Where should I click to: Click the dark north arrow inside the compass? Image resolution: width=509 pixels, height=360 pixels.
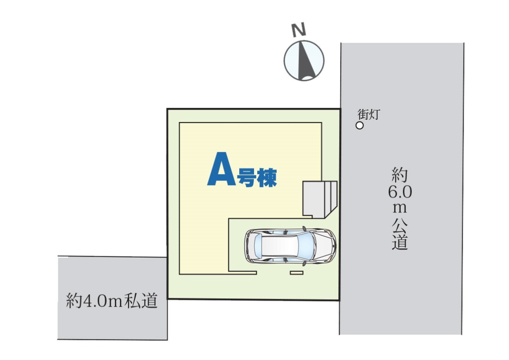pos(305,60)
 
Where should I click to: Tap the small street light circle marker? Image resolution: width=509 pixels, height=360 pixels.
pos(360,125)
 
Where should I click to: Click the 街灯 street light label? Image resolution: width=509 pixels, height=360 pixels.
pos(368,114)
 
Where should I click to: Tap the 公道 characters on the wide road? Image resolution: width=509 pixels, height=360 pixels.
pos(400,233)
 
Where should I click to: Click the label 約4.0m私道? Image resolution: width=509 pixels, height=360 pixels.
pos(112,302)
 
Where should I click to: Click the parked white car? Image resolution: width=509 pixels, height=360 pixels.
pos(290,246)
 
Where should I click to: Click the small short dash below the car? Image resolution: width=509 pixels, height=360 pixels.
pos(297,273)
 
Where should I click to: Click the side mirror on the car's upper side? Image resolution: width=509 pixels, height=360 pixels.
pos(304,228)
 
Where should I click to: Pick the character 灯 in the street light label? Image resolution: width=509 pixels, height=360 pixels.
pos(374,114)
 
